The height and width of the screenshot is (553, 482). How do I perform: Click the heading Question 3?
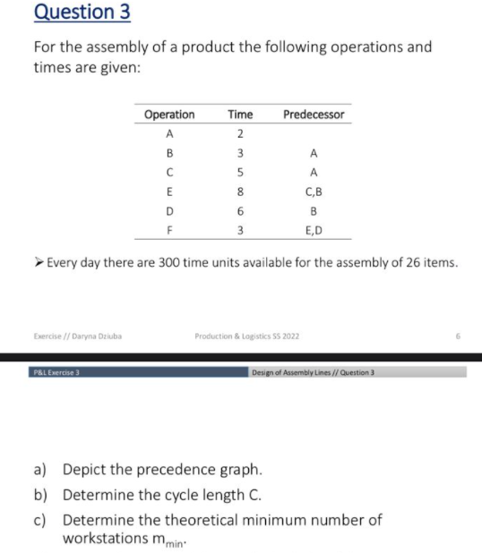tap(64, 13)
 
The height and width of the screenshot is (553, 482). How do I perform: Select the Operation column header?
tap(169, 115)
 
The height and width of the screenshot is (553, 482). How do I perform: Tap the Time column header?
tap(240, 115)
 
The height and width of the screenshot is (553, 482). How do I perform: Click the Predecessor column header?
tap(314, 115)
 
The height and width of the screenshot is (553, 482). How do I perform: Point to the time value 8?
tap(240, 191)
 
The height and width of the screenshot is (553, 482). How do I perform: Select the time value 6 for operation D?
tap(240, 210)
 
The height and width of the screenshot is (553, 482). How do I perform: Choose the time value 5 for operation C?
tap(240, 172)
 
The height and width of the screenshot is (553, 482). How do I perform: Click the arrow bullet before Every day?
tap(38, 263)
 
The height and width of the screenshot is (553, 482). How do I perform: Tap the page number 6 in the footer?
tap(456, 336)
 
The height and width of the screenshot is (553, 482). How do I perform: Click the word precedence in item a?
tap(177, 469)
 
